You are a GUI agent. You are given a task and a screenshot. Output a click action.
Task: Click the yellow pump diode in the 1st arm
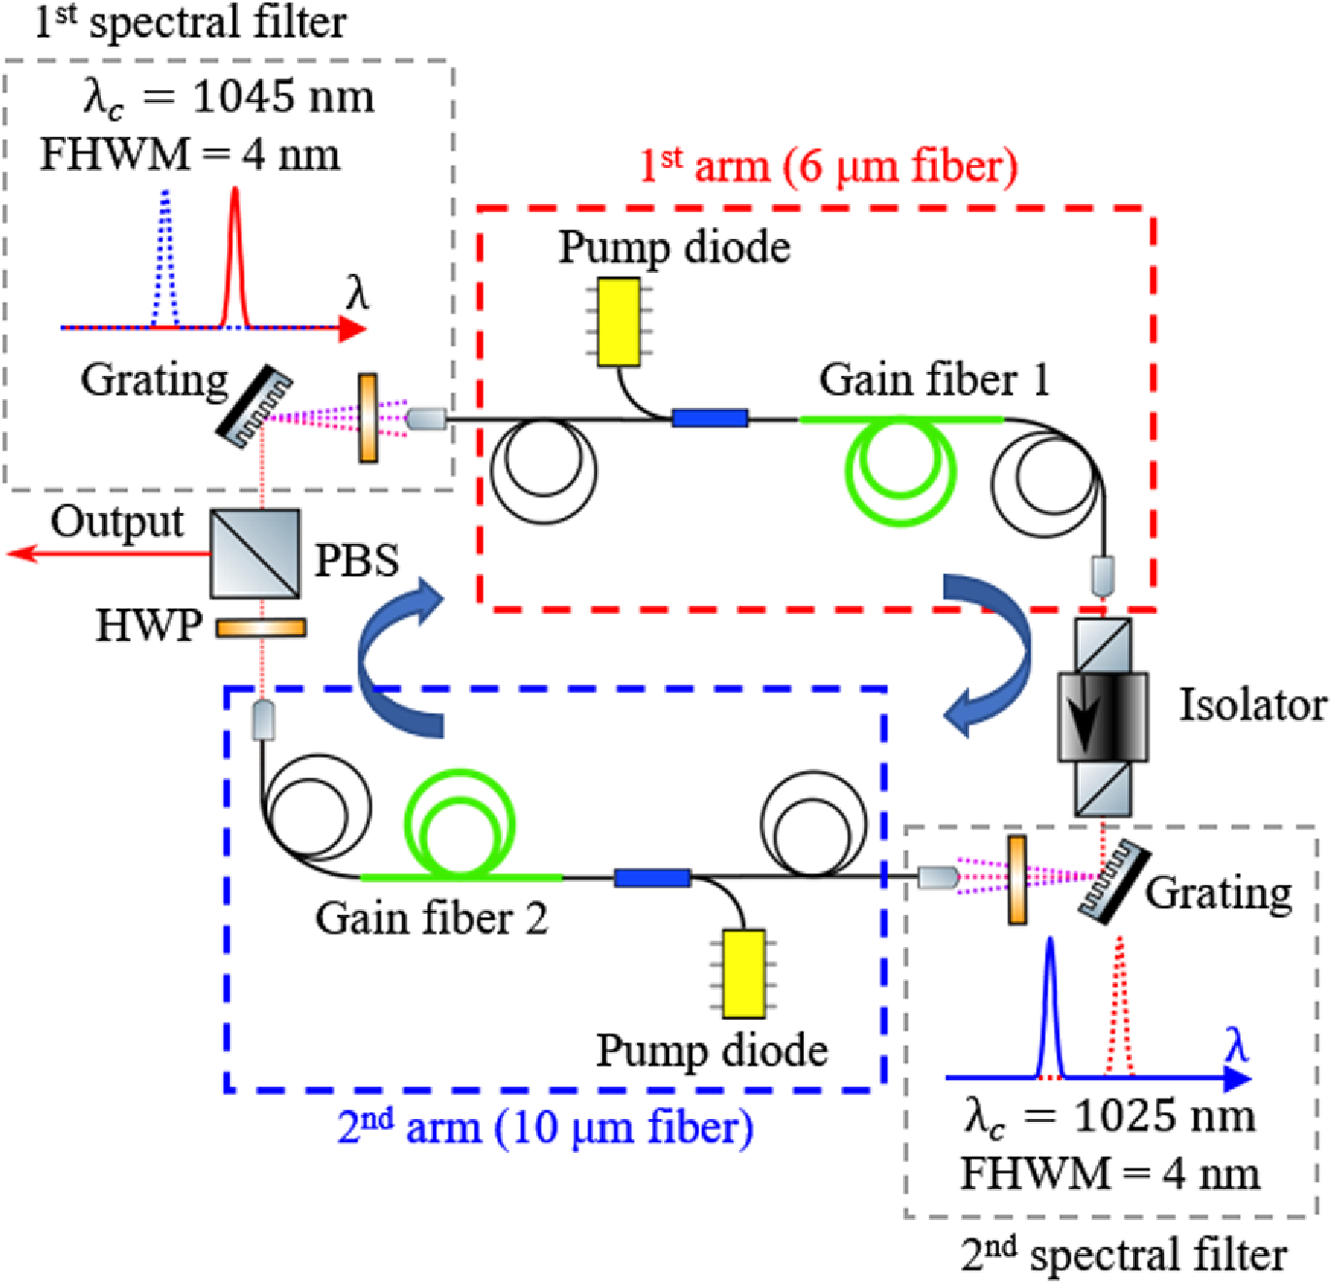tap(618, 322)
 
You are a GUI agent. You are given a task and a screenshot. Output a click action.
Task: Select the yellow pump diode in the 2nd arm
tap(744, 973)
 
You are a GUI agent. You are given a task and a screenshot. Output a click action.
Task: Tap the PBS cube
tap(255, 554)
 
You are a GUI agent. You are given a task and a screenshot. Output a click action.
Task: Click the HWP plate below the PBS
tap(260, 628)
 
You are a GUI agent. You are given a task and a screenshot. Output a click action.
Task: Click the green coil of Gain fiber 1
tap(901, 470)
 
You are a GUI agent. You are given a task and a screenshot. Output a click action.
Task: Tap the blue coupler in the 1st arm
tap(710, 419)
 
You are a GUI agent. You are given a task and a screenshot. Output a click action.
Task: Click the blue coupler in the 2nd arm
tap(651, 878)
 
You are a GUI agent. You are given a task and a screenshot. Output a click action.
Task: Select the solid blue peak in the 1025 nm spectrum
tap(1050, 1010)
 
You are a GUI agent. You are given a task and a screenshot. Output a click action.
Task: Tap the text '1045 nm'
tap(283, 97)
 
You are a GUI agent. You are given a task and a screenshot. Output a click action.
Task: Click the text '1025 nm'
tap(1163, 1116)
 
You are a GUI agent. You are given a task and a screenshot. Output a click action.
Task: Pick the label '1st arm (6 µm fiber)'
tap(827, 166)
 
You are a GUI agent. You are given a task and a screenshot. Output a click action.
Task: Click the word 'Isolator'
tap(1252, 705)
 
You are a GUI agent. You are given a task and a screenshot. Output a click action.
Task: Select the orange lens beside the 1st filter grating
tap(368, 418)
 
